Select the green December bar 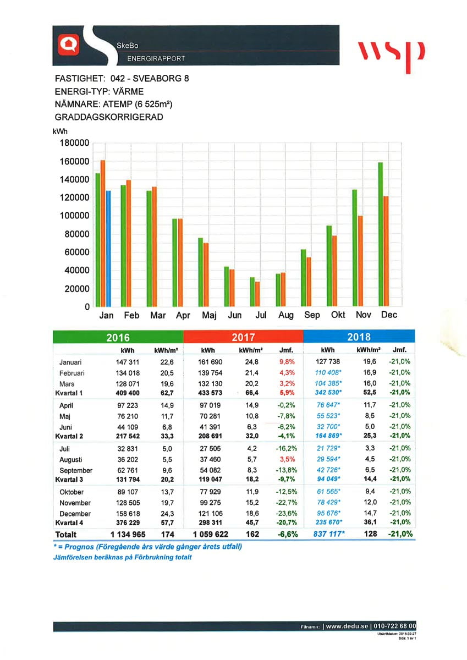click(x=380, y=235)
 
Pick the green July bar click(x=252, y=292)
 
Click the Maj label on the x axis click(x=209, y=315)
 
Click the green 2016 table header click(x=118, y=337)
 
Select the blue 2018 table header click(x=359, y=337)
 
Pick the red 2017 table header click(x=243, y=337)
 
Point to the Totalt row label click(x=66, y=534)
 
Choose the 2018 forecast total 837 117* click(x=323, y=534)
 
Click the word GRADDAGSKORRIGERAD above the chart click(x=109, y=117)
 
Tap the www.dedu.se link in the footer click(x=347, y=626)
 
